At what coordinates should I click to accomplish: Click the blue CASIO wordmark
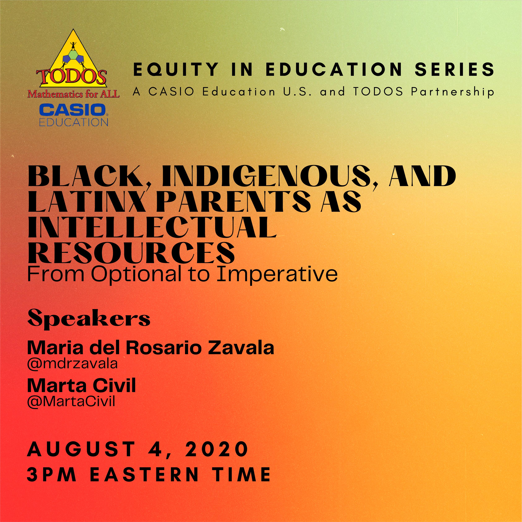pos(72,110)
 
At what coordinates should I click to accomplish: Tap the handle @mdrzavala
pos(72,364)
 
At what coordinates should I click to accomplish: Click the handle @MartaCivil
pos(71,402)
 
